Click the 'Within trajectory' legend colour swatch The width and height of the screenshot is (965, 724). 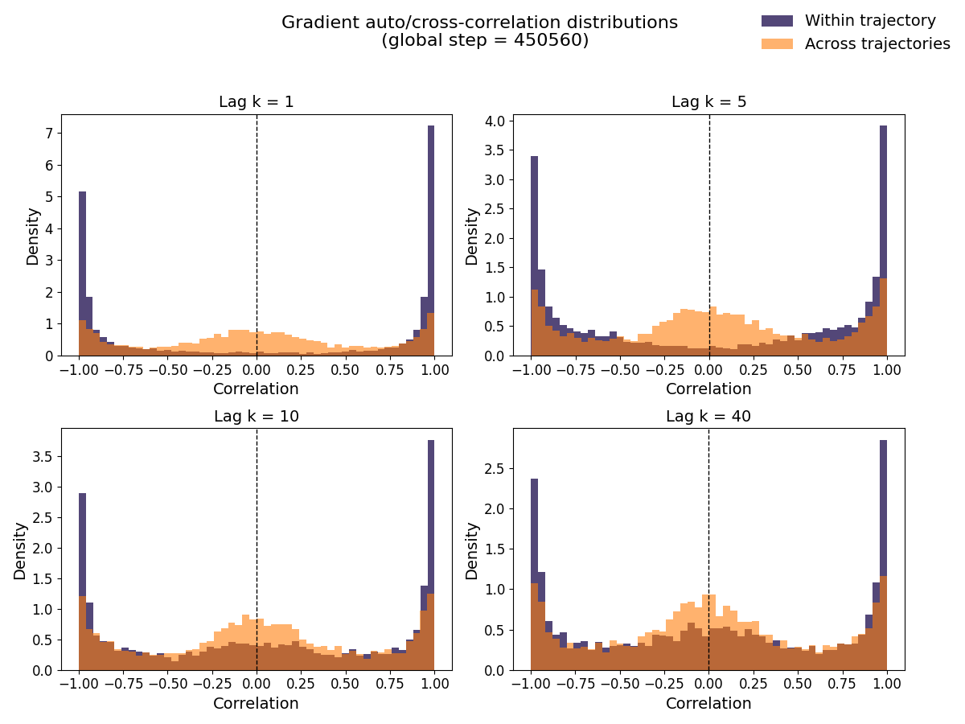[777, 21]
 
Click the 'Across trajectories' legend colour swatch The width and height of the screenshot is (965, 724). [777, 44]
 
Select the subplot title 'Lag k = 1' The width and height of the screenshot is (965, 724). [256, 102]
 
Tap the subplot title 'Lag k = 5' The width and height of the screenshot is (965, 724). [708, 102]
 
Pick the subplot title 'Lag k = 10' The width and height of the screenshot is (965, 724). [256, 416]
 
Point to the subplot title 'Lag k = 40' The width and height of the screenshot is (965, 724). [708, 416]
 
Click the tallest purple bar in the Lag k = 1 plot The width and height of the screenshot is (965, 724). [431, 241]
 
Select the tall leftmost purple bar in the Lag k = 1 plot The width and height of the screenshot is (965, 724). [82, 274]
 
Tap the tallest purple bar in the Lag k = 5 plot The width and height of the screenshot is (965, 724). [883, 241]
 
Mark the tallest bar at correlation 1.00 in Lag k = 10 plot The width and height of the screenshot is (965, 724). [431, 555]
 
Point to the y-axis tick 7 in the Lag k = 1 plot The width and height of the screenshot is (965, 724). [49, 134]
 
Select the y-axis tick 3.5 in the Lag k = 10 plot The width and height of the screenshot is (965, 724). [41, 457]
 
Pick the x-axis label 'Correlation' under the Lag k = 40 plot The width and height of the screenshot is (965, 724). [708, 704]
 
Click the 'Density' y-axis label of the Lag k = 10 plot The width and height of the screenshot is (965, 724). [20, 550]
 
